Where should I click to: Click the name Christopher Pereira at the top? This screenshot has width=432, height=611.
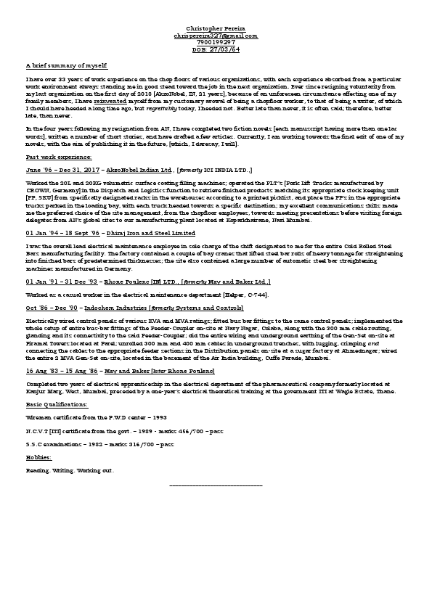(x=216, y=28)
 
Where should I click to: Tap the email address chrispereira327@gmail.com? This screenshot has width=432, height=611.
(x=216, y=35)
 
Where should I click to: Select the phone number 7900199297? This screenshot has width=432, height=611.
(x=216, y=42)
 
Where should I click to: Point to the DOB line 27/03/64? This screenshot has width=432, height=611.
(x=216, y=49)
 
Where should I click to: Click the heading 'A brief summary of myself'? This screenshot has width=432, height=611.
(x=66, y=64)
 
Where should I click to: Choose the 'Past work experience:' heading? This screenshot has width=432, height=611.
(x=59, y=157)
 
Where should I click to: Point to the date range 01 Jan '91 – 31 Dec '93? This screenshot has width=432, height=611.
(x=62, y=281)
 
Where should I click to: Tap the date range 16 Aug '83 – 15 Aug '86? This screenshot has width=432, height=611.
(x=62, y=371)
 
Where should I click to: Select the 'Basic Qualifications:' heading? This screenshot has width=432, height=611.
(x=56, y=403)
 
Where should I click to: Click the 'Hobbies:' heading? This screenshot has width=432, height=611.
(x=39, y=458)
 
